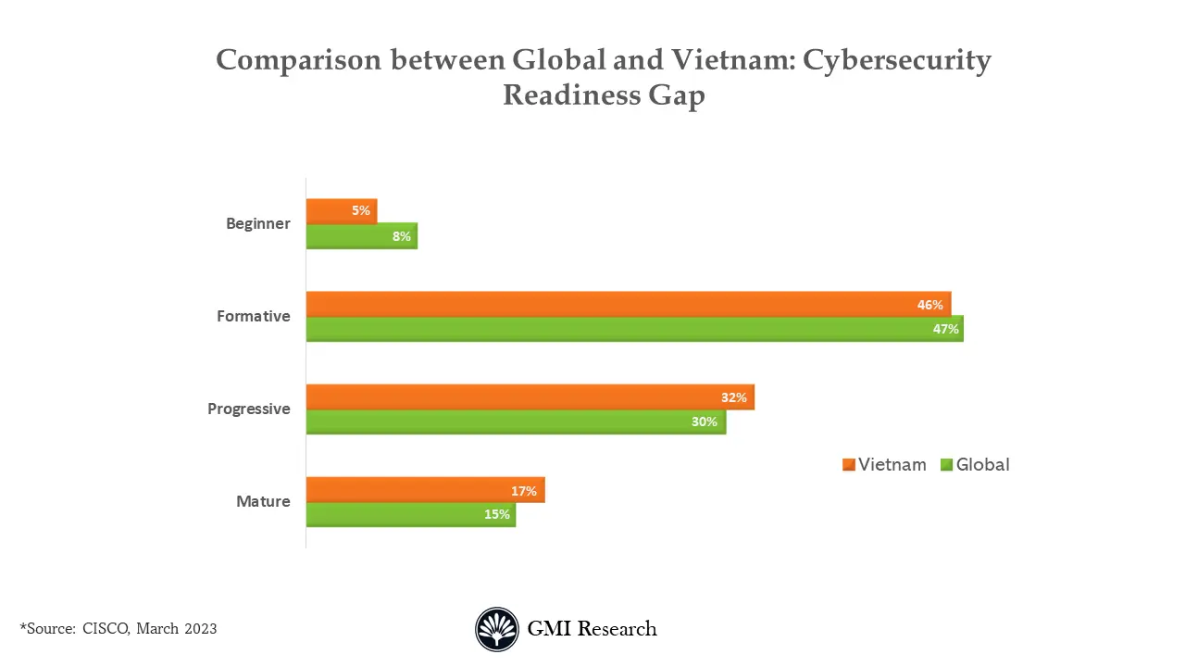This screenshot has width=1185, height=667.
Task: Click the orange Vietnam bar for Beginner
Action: [341, 211]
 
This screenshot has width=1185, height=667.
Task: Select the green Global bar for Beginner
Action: [361, 236]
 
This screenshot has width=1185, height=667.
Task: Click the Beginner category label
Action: [257, 223]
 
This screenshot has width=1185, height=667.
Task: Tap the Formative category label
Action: [253, 316]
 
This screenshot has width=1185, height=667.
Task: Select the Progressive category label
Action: [248, 409]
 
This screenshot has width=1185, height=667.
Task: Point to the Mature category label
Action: [263, 501]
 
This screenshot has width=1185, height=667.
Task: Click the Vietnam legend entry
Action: [884, 465]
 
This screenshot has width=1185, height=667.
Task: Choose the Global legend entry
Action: [975, 465]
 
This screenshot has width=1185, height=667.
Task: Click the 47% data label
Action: [945, 329]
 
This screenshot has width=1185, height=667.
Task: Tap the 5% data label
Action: [360, 211]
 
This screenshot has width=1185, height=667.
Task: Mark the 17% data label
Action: [524, 491]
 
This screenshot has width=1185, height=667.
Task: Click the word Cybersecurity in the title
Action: [896, 60]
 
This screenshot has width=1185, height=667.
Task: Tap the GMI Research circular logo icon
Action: [497, 629]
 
